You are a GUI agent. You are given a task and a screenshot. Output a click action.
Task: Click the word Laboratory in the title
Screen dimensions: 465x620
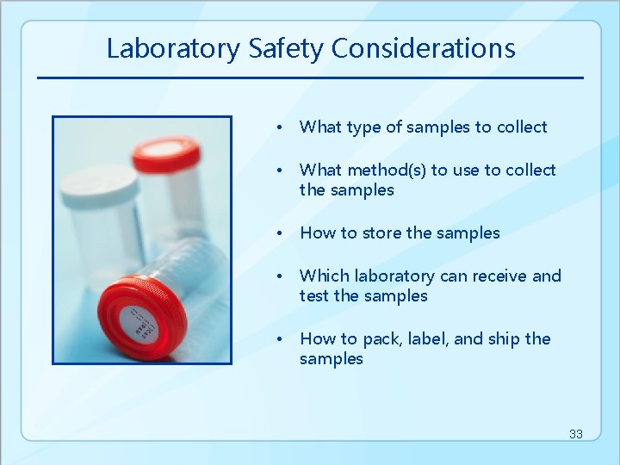[x=173, y=48]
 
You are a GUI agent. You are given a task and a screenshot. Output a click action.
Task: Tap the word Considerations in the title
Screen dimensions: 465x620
[x=423, y=48]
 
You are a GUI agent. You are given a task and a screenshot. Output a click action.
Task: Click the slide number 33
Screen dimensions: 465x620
[x=575, y=434]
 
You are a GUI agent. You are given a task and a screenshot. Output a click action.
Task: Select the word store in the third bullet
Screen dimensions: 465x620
[x=381, y=233]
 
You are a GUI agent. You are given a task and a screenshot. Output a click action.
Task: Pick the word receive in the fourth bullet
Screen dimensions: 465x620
[x=498, y=276]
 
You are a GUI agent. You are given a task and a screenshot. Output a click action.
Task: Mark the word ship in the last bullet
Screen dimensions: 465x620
[x=505, y=339]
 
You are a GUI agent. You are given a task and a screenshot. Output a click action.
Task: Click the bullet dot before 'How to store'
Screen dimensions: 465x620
[x=280, y=234]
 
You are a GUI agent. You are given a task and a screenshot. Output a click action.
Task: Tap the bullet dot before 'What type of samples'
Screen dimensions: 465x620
[x=280, y=128]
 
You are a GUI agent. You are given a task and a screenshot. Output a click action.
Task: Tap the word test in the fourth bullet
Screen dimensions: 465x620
[x=314, y=296]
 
